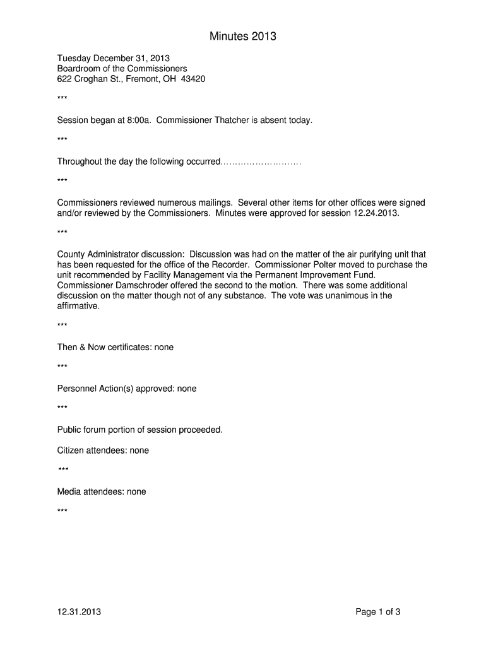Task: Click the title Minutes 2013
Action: click(243, 37)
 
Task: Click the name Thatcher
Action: click(222, 120)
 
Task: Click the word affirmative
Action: click(78, 306)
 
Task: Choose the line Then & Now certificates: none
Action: click(116, 347)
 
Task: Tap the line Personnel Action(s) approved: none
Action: click(127, 389)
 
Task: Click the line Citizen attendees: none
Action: click(103, 450)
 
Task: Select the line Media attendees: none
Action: click(102, 491)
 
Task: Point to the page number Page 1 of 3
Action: click(378, 611)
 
